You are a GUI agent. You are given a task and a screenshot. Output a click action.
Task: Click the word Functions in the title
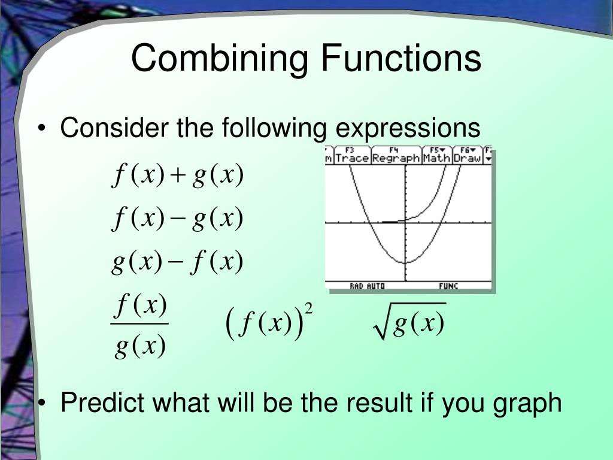[x=401, y=58]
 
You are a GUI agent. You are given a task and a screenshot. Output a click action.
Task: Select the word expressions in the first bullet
[x=407, y=128]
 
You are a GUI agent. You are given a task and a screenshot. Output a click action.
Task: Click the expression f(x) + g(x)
[x=178, y=176]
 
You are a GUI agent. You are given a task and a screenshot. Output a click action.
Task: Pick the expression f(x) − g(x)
[x=178, y=219]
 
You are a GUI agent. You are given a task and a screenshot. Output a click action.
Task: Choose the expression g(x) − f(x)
[x=178, y=262]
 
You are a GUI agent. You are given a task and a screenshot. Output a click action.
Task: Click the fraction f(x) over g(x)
[x=140, y=326]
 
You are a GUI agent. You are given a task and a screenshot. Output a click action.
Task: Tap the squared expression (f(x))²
[x=270, y=323]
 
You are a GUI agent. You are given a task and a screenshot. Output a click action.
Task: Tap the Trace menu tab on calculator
[x=352, y=157]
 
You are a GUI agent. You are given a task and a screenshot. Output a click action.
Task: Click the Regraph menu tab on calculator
[x=396, y=157]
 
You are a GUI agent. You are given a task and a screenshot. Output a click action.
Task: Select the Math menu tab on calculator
[x=437, y=157]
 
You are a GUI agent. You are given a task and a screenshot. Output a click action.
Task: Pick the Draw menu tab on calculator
[x=467, y=157]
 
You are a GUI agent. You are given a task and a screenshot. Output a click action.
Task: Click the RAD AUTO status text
[x=367, y=286]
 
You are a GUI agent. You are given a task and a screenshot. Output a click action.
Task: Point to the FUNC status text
[x=448, y=286]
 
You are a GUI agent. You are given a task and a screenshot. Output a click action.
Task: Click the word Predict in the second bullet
[x=103, y=403]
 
